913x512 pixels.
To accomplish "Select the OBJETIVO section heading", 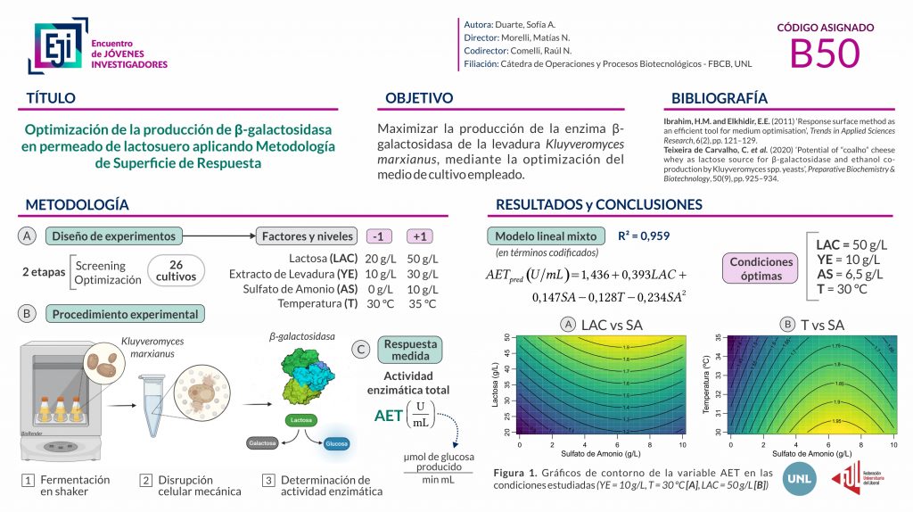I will tap(419, 98).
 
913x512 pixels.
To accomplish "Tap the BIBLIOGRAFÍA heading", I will tap(719, 98).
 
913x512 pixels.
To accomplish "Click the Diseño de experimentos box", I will tap(114, 236).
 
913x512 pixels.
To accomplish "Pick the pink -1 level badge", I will tap(379, 236).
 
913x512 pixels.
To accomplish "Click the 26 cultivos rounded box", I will tap(175, 271).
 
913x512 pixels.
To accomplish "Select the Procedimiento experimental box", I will tap(125, 314).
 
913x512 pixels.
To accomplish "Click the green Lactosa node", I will tap(300, 418).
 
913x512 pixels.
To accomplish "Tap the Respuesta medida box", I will tap(407, 350).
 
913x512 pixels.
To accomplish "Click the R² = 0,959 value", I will tap(644, 236).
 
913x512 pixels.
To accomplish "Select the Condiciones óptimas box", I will tap(761, 268).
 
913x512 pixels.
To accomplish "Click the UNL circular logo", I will tap(798, 479).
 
